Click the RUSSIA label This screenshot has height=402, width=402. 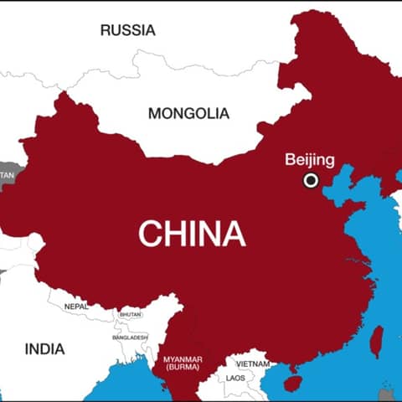coord(127,30)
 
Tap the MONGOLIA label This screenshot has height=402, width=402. coord(188,113)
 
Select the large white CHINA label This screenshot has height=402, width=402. coord(192,233)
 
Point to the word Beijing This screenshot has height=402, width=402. coord(310,159)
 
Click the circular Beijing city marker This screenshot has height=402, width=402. coord(311,180)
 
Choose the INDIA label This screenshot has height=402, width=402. coord(44,348)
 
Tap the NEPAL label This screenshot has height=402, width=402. coord(75,307)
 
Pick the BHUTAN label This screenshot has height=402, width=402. coord(131,314)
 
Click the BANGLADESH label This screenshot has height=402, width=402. coord(130,338)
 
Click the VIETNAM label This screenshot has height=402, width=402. coord(253,364)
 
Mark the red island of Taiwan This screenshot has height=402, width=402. coord(377,340)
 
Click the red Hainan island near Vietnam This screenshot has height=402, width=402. coord(292,384)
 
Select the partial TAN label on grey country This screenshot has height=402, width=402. coord(7,175)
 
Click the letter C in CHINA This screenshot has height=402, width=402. coord(150,233)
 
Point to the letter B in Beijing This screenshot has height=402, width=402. coord(290,159)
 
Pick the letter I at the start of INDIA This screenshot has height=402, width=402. coord(27,348)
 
